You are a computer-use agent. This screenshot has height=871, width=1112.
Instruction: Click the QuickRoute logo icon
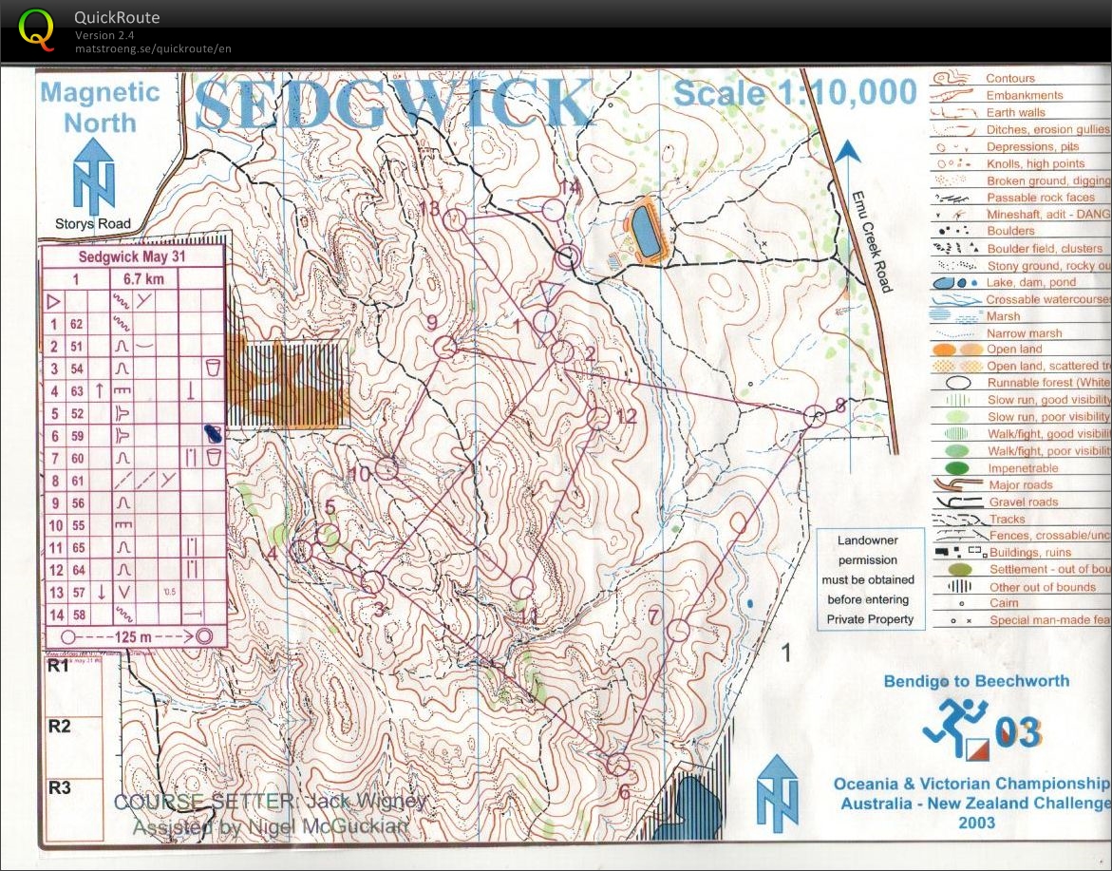click(37, 28)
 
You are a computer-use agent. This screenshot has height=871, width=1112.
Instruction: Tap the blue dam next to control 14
click(647, 232)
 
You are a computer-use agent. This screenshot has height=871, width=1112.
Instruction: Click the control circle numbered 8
click(814, 416)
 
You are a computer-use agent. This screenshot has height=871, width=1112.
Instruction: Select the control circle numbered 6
click(618, 764)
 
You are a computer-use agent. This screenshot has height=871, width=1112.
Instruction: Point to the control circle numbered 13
click(454, 220)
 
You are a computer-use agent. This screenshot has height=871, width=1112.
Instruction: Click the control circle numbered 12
click(597, 418)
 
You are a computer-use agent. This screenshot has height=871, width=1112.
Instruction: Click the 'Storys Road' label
click(92, 224)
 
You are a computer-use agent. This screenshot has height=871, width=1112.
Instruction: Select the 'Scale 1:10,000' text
click(795, 93)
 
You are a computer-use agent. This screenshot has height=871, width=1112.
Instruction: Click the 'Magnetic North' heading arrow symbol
click(94, 177)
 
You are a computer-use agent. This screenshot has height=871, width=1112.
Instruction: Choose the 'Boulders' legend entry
click(1010, 231)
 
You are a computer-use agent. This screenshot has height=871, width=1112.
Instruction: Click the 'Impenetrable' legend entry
click(1023, 468)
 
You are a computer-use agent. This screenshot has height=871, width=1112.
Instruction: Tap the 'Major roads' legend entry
click(1020, 485)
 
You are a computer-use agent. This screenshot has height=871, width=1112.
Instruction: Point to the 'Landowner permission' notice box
click(870, 579)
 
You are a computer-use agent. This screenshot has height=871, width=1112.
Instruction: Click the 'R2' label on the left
click(60, 727)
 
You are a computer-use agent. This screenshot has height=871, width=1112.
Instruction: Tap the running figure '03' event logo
click(978, 730)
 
